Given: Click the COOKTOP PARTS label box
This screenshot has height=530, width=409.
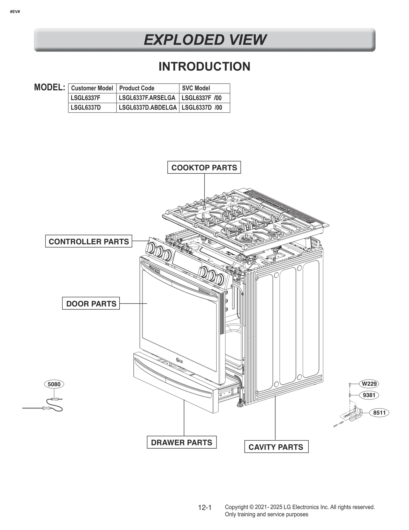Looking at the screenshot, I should tap(204, 167).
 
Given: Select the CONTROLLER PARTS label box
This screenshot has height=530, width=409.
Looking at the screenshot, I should tap(89, 241).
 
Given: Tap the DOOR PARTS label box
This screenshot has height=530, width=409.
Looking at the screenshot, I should tap(91, 304).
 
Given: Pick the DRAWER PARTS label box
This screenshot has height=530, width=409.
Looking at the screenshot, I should tap(181, 442).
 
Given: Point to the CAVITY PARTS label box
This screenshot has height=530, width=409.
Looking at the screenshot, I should tap(276, 447).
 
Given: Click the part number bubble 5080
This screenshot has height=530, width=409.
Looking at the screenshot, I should tap(54, 384).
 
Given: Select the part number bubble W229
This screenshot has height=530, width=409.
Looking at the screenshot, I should tap(369, 384).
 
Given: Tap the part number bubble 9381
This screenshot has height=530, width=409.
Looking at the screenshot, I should tap(369, 395).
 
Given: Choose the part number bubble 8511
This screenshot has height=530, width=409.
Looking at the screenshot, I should tap(379, 413).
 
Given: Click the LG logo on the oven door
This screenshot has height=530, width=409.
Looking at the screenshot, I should tap(179, 361).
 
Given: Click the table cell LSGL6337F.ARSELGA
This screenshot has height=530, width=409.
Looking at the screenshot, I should tap(147, 98).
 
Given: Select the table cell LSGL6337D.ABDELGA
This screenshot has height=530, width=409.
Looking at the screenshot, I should tap(148, 107).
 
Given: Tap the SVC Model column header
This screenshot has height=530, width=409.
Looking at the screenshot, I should tap(196, 88).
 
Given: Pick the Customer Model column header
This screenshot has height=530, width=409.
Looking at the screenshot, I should tap(92, 88).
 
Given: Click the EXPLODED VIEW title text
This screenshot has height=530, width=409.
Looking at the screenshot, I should tap(204, 40).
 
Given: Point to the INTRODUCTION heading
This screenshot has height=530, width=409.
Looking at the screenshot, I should tap(204, 67).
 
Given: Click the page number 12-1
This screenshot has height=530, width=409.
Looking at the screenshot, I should tap(205, 508).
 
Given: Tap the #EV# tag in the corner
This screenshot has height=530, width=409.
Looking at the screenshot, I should tap(15, 12).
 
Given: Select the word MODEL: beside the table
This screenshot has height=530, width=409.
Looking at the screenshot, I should tap(50, 88).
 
